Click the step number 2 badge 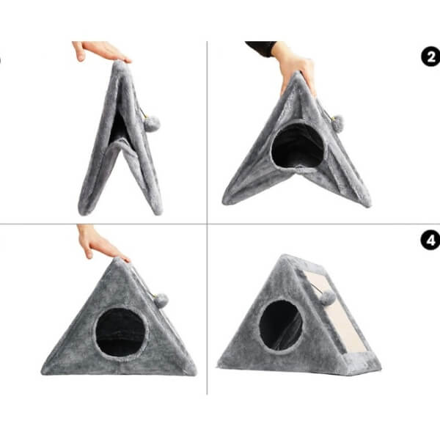point(431,57)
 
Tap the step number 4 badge point(430,241)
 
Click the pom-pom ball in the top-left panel point(152,124)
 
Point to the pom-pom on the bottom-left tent point(161,301)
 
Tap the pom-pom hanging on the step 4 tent point(328,298)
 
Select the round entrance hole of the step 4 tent point(281,325)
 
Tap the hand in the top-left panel point(100,51)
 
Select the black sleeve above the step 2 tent point(261,48)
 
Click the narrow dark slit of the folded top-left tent point(118,127)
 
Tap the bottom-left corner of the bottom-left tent point(43,373)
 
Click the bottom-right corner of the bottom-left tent point(195,373)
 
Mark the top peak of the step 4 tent point(285,255)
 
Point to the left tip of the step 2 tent point(224,202)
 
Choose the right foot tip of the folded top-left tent point(159,213)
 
